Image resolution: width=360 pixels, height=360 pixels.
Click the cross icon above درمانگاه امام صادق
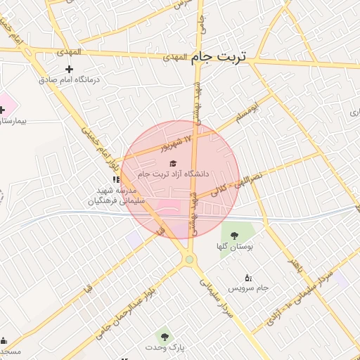69,69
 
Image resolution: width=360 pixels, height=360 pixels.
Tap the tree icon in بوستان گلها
234,236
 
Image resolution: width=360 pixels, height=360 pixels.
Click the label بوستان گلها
234,247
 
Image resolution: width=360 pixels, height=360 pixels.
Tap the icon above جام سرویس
247,277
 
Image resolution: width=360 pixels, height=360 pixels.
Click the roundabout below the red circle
189,261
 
